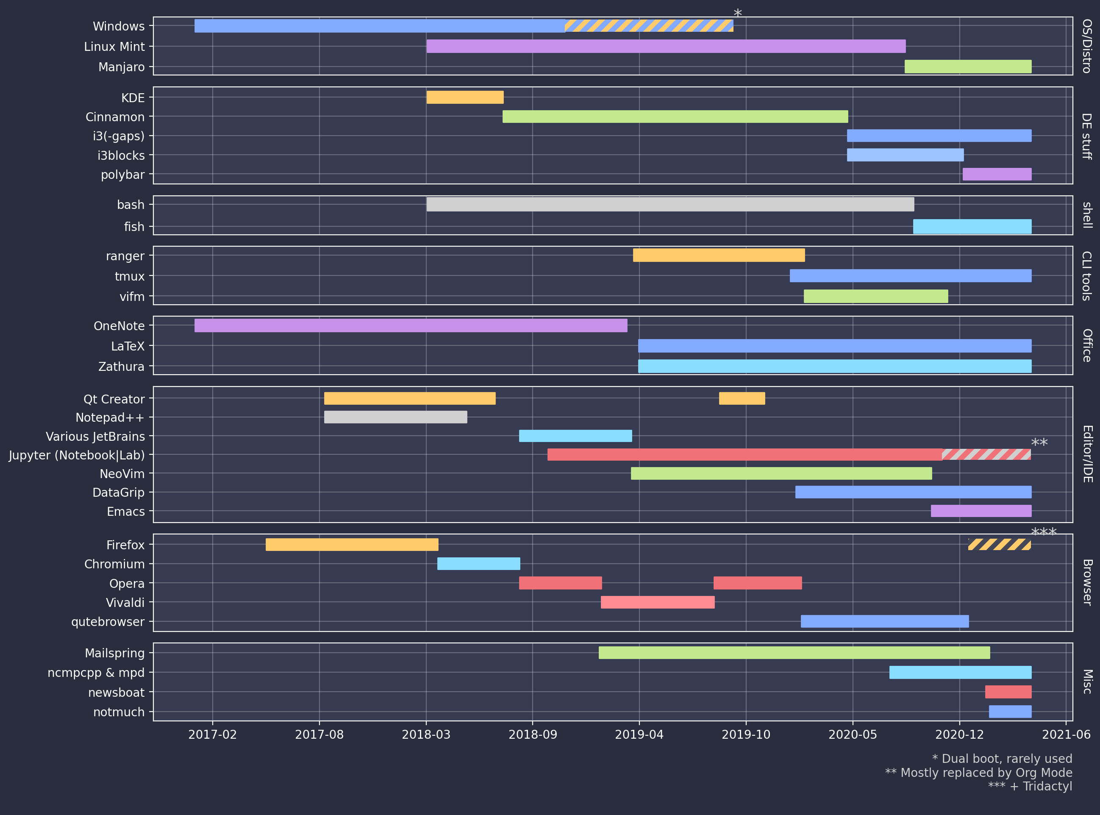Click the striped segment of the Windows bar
(x=649, y=26)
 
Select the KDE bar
(x=465, y=97)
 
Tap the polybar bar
(x=997, y=174)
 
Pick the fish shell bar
(x=972, y=226)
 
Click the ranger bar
(x=719, y=255)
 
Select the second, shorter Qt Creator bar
(x=742, y=398)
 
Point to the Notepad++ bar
(x=395, y=417)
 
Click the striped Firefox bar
(x=999, y=544)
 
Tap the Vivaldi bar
(x=658, y=602)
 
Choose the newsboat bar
(x=1008, y=692)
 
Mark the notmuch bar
(x=1010, y=712)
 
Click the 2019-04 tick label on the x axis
(x=639, y=734)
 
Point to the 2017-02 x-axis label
(x=212, y=734)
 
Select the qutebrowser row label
(x=108, y=622)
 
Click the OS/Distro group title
(x=1086, y=46)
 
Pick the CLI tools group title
(x=1086, y=276)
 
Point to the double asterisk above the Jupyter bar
(x=1039, y=442)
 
